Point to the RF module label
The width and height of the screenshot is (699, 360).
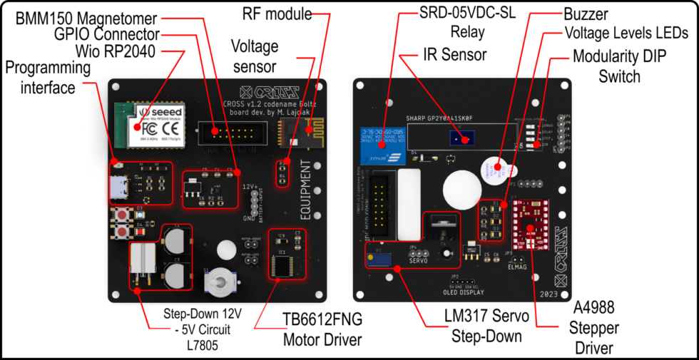pos(277,14)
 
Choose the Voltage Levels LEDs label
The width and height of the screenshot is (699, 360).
pos(626,33)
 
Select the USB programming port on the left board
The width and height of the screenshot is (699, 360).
pos(116,187)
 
